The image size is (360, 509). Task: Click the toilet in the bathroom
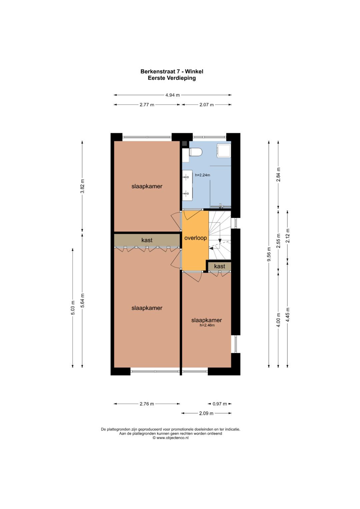tap(195, 152)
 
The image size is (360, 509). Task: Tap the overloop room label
tap(195, 238)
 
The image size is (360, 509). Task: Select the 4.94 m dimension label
tap(173, 95)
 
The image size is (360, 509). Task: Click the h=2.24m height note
tap(203, 175)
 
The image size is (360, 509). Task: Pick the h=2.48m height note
tap(207, 325)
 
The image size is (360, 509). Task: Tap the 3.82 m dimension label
tap(82, 186)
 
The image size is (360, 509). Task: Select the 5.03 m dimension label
tap(73, 308)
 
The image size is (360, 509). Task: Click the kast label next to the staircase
tap(220, 266)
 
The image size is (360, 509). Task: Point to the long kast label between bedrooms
tap(147, 240)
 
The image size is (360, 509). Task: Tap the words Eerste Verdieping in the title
tap(172, 78)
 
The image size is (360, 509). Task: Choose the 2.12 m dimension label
tap(288, 235)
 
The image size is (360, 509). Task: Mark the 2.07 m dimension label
tap(207, 105)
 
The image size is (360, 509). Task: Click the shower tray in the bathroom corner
tap(224, 150)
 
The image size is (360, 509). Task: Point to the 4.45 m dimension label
tap(288, 314)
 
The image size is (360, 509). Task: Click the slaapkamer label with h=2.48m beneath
tap(206, 320)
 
